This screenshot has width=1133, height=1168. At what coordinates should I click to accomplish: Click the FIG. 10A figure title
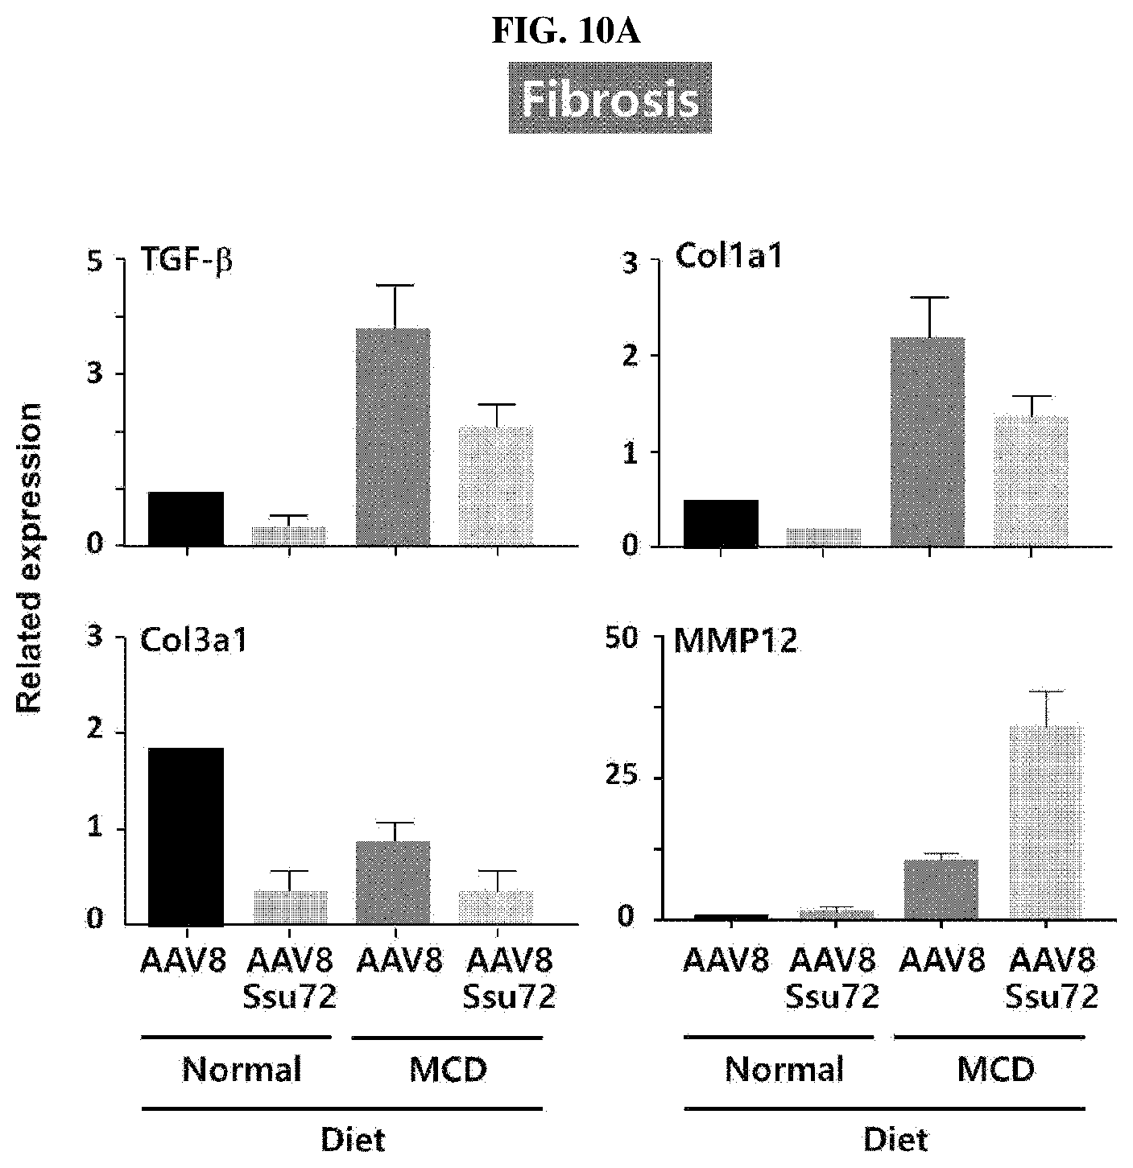pyautogui.click(x=566, y=31)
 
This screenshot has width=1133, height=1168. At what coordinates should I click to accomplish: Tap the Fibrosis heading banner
pyautogui.click(x=610, y=98)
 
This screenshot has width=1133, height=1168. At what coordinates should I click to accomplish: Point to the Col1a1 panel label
pyautogui.click(x=728, y=256)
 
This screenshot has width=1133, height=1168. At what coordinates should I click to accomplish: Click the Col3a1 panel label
pyautogui.click(x=193, y=641)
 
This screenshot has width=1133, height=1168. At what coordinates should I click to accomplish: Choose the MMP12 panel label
pyautogui.click(x=735, y=641)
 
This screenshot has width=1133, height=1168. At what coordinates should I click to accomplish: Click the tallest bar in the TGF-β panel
pyautogui.click(x=393, y=437)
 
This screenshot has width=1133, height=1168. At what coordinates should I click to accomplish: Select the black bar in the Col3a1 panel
pyautogui.click(x=186, y=836)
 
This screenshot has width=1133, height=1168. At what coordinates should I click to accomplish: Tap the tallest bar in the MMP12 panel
pyautogui.click(x=1045, y=823)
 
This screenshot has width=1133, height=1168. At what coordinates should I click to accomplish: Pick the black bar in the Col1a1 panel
pyautogui.click(x=721, y=523)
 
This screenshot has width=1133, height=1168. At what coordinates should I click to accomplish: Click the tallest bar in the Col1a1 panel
pyautogui.click(x=928, y=442)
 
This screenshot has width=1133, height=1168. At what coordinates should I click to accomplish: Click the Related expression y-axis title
pyautogui.click(x=28, y=559)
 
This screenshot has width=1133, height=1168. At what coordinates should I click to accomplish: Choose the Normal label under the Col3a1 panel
pyautogui.click(x=242, y=1069)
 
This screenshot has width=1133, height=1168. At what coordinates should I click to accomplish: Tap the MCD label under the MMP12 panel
pyautogui.click(x=996, y=1069)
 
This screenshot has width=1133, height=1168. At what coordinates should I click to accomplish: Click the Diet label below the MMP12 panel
pyautogui.click(x=895, y=1139)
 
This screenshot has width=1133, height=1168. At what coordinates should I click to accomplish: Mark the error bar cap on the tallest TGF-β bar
pyautogui.click(x=395, y=285)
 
